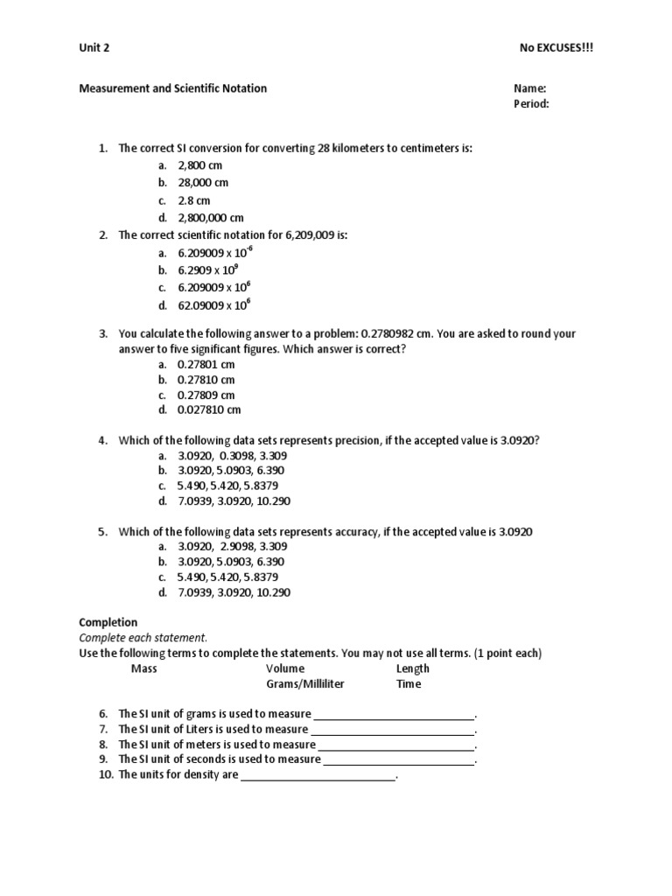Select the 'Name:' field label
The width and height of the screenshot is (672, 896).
coord(530,88)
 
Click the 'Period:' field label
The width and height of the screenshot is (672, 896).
coord(531,104)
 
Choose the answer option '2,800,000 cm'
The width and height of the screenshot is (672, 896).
coord(211,218)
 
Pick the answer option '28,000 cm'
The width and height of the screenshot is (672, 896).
coord(203,183)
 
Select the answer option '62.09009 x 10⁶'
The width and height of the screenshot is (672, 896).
coord(214,305)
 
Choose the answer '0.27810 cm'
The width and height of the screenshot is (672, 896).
coord(206,380)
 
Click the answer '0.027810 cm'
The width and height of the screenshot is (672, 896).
coord(209,409)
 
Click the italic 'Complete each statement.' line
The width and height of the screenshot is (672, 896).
coord(143,638)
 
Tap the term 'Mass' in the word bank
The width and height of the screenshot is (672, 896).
coord(144,668)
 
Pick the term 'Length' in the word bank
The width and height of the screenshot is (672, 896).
coord(413,668)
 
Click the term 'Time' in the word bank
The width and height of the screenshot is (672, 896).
coord(409,684)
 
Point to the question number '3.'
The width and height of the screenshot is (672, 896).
coord(102,334)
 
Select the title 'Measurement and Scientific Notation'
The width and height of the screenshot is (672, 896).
coord(173,88)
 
